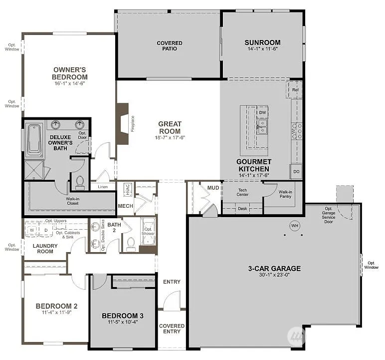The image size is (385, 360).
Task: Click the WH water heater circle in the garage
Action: click(294, 226)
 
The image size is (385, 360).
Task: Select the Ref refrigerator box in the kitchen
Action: click(295, 90)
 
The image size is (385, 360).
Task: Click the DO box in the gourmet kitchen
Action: click(296, 172)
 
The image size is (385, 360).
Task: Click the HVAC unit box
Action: click(127, 189)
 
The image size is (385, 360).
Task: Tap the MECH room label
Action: click(125, 206)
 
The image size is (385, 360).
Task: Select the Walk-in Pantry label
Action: click(285, 194)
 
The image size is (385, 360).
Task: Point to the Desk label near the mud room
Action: click(242, 209)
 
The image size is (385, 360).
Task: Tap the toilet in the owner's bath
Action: click(79, 183)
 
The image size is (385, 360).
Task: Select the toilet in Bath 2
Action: click(131, 243)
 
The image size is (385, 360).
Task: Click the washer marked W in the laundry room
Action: click(32, 230)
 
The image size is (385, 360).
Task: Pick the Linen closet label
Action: click(103, 187)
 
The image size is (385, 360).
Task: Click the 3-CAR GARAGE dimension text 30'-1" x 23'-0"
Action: click(274, 275)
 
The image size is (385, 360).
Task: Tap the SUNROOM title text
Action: click(262, 42)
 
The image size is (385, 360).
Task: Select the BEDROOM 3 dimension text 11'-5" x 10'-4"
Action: click(123, 323)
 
